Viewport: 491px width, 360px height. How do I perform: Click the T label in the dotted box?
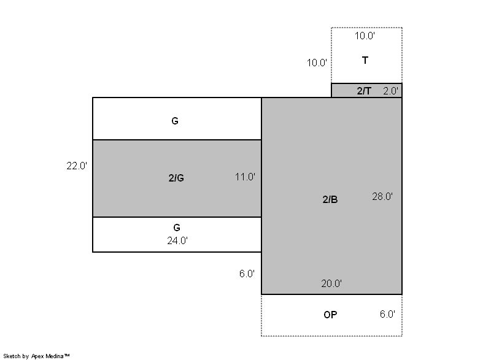(365, 60)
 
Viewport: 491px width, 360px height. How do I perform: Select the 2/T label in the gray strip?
(364, 91)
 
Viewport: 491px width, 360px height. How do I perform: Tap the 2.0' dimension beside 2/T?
(390, 91)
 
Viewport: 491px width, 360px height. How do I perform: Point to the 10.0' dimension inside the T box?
(365, 36)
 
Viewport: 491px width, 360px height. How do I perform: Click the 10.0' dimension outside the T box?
(317, 63)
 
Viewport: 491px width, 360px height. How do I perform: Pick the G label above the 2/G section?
(175, 121)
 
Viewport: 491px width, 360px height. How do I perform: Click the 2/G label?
(176, 178)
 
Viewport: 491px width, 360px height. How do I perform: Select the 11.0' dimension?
(245, 177)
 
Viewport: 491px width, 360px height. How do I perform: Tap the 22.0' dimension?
(77, 166)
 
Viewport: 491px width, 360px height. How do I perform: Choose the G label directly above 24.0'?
(177, 228)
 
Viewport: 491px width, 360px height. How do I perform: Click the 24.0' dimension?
(177, 240)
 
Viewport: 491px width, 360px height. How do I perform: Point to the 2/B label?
(330, 199)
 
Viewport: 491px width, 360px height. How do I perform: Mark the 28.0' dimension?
(382, 196)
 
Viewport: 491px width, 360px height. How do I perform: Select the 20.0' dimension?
(331, 283)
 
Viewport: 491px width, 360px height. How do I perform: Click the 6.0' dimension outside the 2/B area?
(247, 274)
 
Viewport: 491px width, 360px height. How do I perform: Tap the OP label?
(330, 315)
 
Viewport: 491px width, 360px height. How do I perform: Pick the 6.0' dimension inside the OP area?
(387, 314)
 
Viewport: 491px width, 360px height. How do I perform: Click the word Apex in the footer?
(37, 356)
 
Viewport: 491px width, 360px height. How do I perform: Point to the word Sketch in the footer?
(12, 356)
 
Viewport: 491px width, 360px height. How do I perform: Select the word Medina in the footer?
(55, 356)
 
